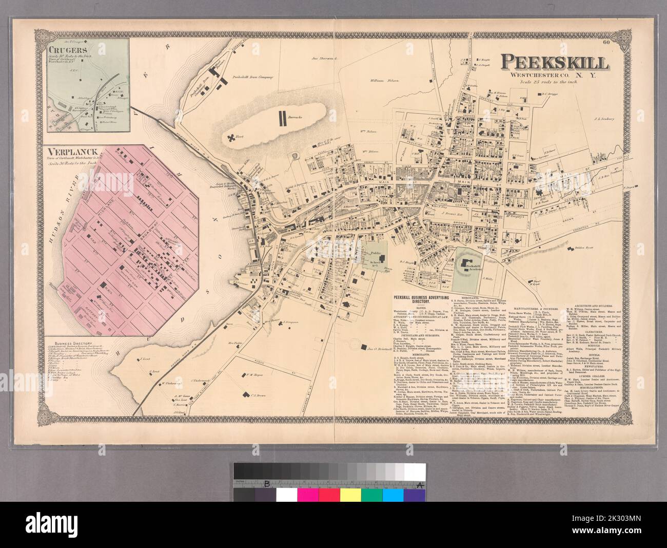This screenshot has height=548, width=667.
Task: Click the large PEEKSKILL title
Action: click(555, 63)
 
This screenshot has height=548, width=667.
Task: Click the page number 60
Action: click(621, 49)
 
